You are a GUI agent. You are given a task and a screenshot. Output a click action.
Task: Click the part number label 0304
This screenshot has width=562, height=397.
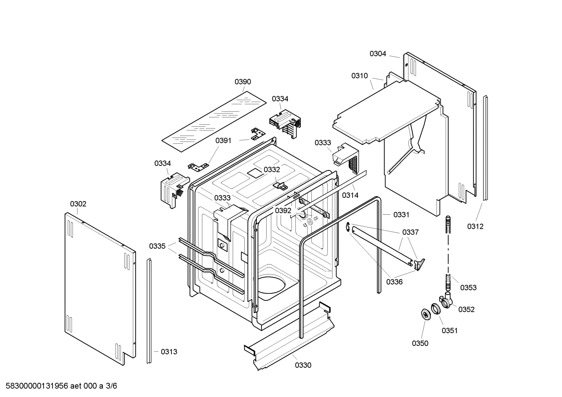coord(378,54)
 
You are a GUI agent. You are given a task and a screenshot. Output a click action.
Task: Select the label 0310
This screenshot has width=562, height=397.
coord(359,76)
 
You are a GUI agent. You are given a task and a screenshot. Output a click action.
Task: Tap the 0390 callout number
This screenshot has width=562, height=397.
coord(243,82)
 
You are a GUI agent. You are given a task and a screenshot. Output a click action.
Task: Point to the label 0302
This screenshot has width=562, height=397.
coord(78,204)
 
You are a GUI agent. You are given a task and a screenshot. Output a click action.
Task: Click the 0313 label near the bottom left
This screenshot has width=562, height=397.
coord(169,352)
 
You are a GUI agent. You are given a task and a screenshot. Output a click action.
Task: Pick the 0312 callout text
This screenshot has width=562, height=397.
coord(475,226)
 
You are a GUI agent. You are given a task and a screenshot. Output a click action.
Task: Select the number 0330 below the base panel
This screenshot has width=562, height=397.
coord(303,365)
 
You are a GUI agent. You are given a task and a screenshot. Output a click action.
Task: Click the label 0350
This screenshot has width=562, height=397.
coord(420,343)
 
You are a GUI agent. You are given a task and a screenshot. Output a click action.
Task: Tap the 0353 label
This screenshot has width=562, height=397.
coord(468,288)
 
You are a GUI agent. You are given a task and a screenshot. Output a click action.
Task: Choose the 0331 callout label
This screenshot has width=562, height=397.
coord(401,215)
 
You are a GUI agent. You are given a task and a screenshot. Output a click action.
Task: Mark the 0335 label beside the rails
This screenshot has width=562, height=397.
coord(157,246)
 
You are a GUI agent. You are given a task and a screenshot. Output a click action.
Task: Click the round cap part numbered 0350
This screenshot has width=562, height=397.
coord(425,314)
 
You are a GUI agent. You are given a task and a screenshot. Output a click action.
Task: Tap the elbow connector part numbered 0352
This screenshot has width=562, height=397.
coord(447,301)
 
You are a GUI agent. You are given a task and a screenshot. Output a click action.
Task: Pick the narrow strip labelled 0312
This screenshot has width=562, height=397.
coord(485,148)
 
